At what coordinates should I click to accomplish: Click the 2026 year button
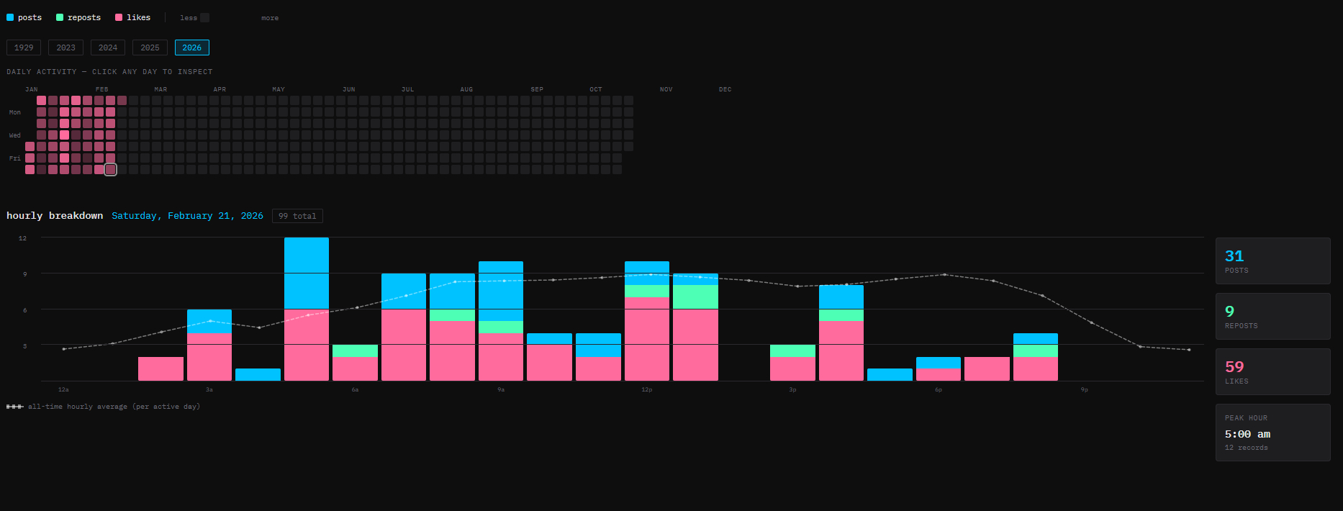tap(191, 48)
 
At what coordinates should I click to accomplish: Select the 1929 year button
tap(24, 48)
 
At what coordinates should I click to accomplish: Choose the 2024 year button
tap(108, 48)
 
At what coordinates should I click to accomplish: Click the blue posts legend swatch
tap(10, 17)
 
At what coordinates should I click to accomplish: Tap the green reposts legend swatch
tap(60, 17)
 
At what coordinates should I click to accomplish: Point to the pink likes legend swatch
tap(119, 17)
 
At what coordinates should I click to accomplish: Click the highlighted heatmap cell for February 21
tap(110, 170)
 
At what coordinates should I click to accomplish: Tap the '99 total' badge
tap(297, 216)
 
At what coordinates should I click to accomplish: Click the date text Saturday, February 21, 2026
tap(187, 216)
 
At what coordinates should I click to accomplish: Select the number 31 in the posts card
tap(1234, 256)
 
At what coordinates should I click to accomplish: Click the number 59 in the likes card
tap(1234, 367)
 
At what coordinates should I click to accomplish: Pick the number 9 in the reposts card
tap(1229, 312)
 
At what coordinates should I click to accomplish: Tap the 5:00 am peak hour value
tap(1247, 434)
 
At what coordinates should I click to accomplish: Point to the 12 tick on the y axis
tap(22, 238)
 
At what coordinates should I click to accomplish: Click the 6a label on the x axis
tap(355, 389)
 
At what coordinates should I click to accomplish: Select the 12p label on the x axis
tap(646, 389)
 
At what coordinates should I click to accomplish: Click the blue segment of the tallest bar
tap(307, 273)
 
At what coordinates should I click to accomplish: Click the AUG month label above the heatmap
tap(466, 89)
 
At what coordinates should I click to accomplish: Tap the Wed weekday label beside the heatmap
tap(15, 135)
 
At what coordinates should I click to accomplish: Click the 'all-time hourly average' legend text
tap(114, 407)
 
